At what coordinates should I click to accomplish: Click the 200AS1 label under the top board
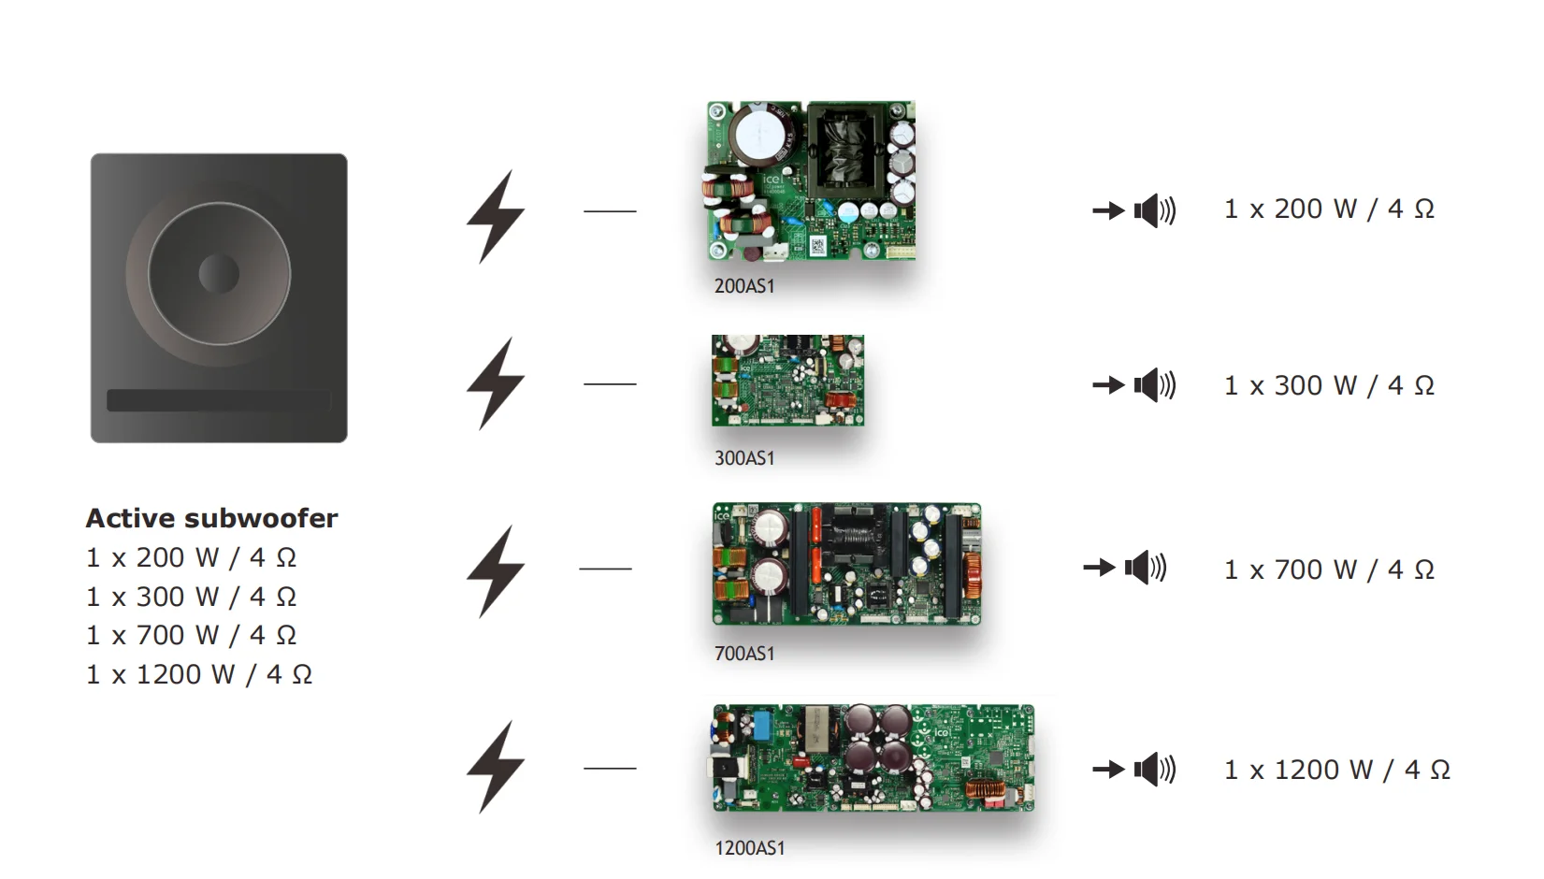point(744,286)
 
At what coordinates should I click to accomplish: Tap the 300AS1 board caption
point(744,458)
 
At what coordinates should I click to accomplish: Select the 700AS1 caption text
point(744,654)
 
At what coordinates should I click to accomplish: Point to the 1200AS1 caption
point(750,848)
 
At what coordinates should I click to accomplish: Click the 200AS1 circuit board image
point(811,180)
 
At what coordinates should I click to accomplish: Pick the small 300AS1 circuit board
point(787,381)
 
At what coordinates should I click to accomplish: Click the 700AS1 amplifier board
point(846,564)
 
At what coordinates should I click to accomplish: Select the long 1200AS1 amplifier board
point(873,757)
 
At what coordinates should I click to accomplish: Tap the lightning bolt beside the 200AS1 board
point(496,216)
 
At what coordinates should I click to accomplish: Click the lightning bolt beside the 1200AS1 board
point(496,767)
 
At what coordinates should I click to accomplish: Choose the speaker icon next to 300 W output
point(1154,384)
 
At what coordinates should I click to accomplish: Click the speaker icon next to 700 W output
point(1145,567)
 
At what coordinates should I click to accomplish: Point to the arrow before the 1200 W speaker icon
point(1108,770)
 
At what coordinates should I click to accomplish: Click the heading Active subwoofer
point(211,518)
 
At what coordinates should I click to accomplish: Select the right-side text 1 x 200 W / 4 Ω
point(1329,209)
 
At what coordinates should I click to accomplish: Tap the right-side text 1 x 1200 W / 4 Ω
point(1337,770)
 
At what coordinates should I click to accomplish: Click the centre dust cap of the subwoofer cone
point(219,274)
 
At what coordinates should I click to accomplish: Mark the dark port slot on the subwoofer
point(219,400)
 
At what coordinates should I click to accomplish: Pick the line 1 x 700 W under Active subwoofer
point(192,635)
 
